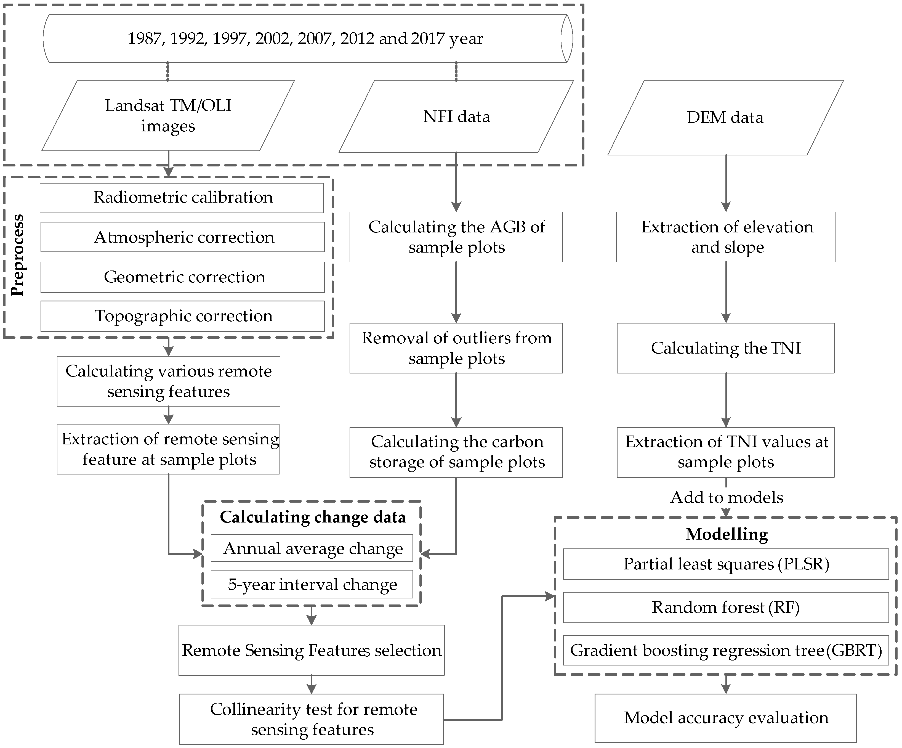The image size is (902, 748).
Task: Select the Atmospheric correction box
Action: [x=183, y=237]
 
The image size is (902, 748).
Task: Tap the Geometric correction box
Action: [x=183, y=277]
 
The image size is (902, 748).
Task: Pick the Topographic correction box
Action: [x=183, y=316]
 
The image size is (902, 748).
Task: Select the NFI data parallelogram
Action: [x=456, y=117]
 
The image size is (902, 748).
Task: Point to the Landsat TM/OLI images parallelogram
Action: [x=168, y=116]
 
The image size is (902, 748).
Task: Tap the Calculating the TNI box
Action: [x=725, y=348]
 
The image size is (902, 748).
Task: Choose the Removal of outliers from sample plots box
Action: [x=456, y=348]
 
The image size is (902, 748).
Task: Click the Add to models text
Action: [x=726, y=498]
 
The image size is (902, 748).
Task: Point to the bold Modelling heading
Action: [x=726, y=534]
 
